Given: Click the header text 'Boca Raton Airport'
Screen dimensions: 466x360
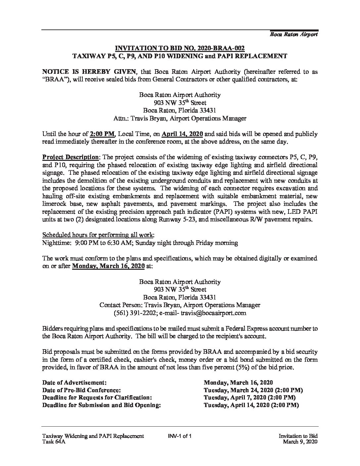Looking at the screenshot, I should click(x=294, y=34).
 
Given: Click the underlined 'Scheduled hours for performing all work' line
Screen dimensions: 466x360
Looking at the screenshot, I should click(x=98, y=235).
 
